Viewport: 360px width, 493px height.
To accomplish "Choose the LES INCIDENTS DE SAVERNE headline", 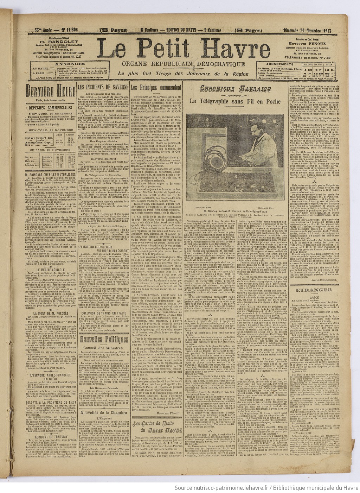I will pyautogui.click(x=103, y=86).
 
